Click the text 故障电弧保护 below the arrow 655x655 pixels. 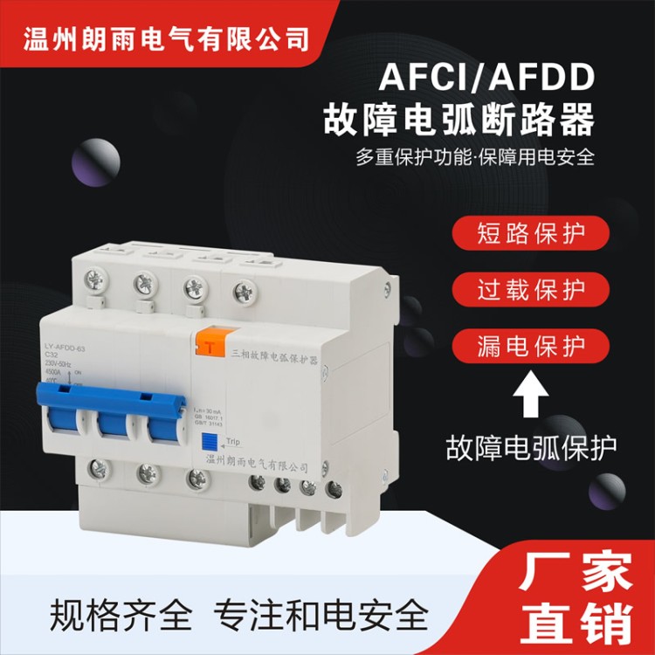(530, 448)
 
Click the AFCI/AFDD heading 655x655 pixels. (486, 79)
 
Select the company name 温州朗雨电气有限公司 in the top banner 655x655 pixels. (165, 39)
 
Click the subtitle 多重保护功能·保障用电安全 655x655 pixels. (475, 158)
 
